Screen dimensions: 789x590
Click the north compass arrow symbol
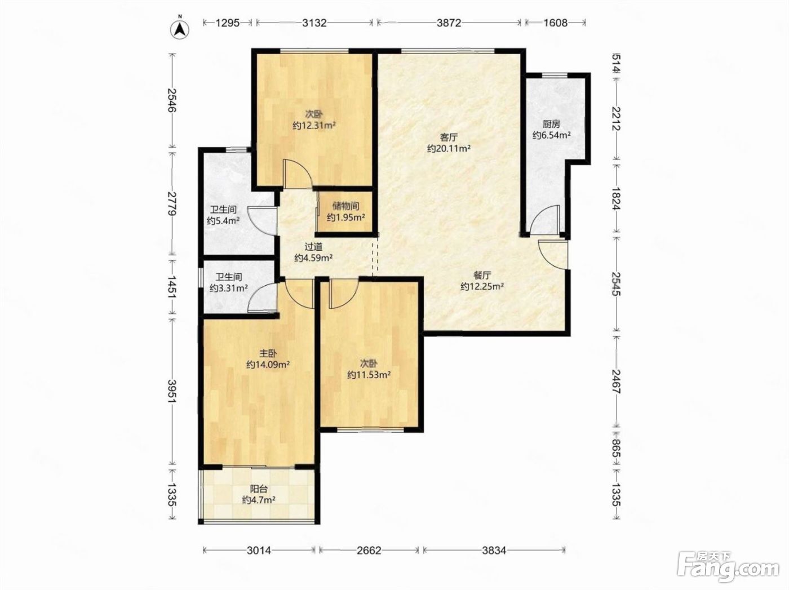click(180, 29)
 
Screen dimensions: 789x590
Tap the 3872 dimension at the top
click(449, 23)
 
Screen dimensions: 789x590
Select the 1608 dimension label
click(555, 23)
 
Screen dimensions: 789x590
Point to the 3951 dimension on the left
click(172, 391)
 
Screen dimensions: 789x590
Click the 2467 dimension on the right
click(616, 381)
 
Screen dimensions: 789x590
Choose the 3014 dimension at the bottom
click(259, 550)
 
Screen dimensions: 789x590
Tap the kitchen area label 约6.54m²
click(552, 135)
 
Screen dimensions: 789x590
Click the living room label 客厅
click(449, 137)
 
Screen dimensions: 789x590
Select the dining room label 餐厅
click(482, 275)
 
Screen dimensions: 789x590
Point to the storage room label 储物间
click(346, 206)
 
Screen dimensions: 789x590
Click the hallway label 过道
click(313, 246)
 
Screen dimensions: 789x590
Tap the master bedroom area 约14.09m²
click(268, 365)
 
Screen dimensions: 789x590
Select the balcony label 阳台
click(259, 489)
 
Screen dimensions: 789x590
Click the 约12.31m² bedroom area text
click(314, 126)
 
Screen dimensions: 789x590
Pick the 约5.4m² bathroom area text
click(223, 221)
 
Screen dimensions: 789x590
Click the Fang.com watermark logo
click(728, 569)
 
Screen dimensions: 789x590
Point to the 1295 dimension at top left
click(228, 23)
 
